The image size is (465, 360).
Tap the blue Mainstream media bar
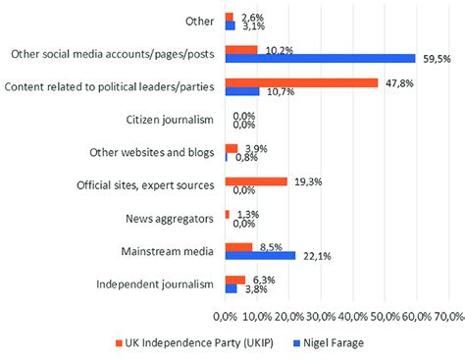coord(260,256)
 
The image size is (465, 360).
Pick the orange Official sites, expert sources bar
coord(256,181)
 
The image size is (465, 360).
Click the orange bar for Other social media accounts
coord(241,50)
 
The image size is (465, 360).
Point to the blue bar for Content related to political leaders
coord(242,92)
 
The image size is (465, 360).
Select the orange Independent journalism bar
coord(235,280)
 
